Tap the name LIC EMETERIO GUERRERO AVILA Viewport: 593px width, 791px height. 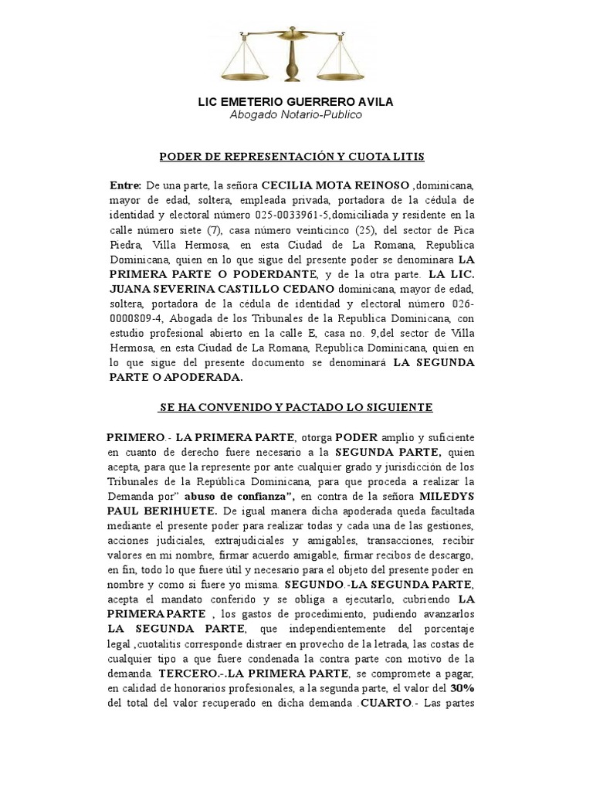coord(296,102)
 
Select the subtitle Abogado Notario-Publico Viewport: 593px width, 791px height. coord(296,115)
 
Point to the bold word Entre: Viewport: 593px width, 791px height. coord(125,186)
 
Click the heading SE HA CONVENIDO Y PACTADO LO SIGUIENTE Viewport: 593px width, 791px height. coord(296,406)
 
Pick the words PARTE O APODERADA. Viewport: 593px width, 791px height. coord(175,378)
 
